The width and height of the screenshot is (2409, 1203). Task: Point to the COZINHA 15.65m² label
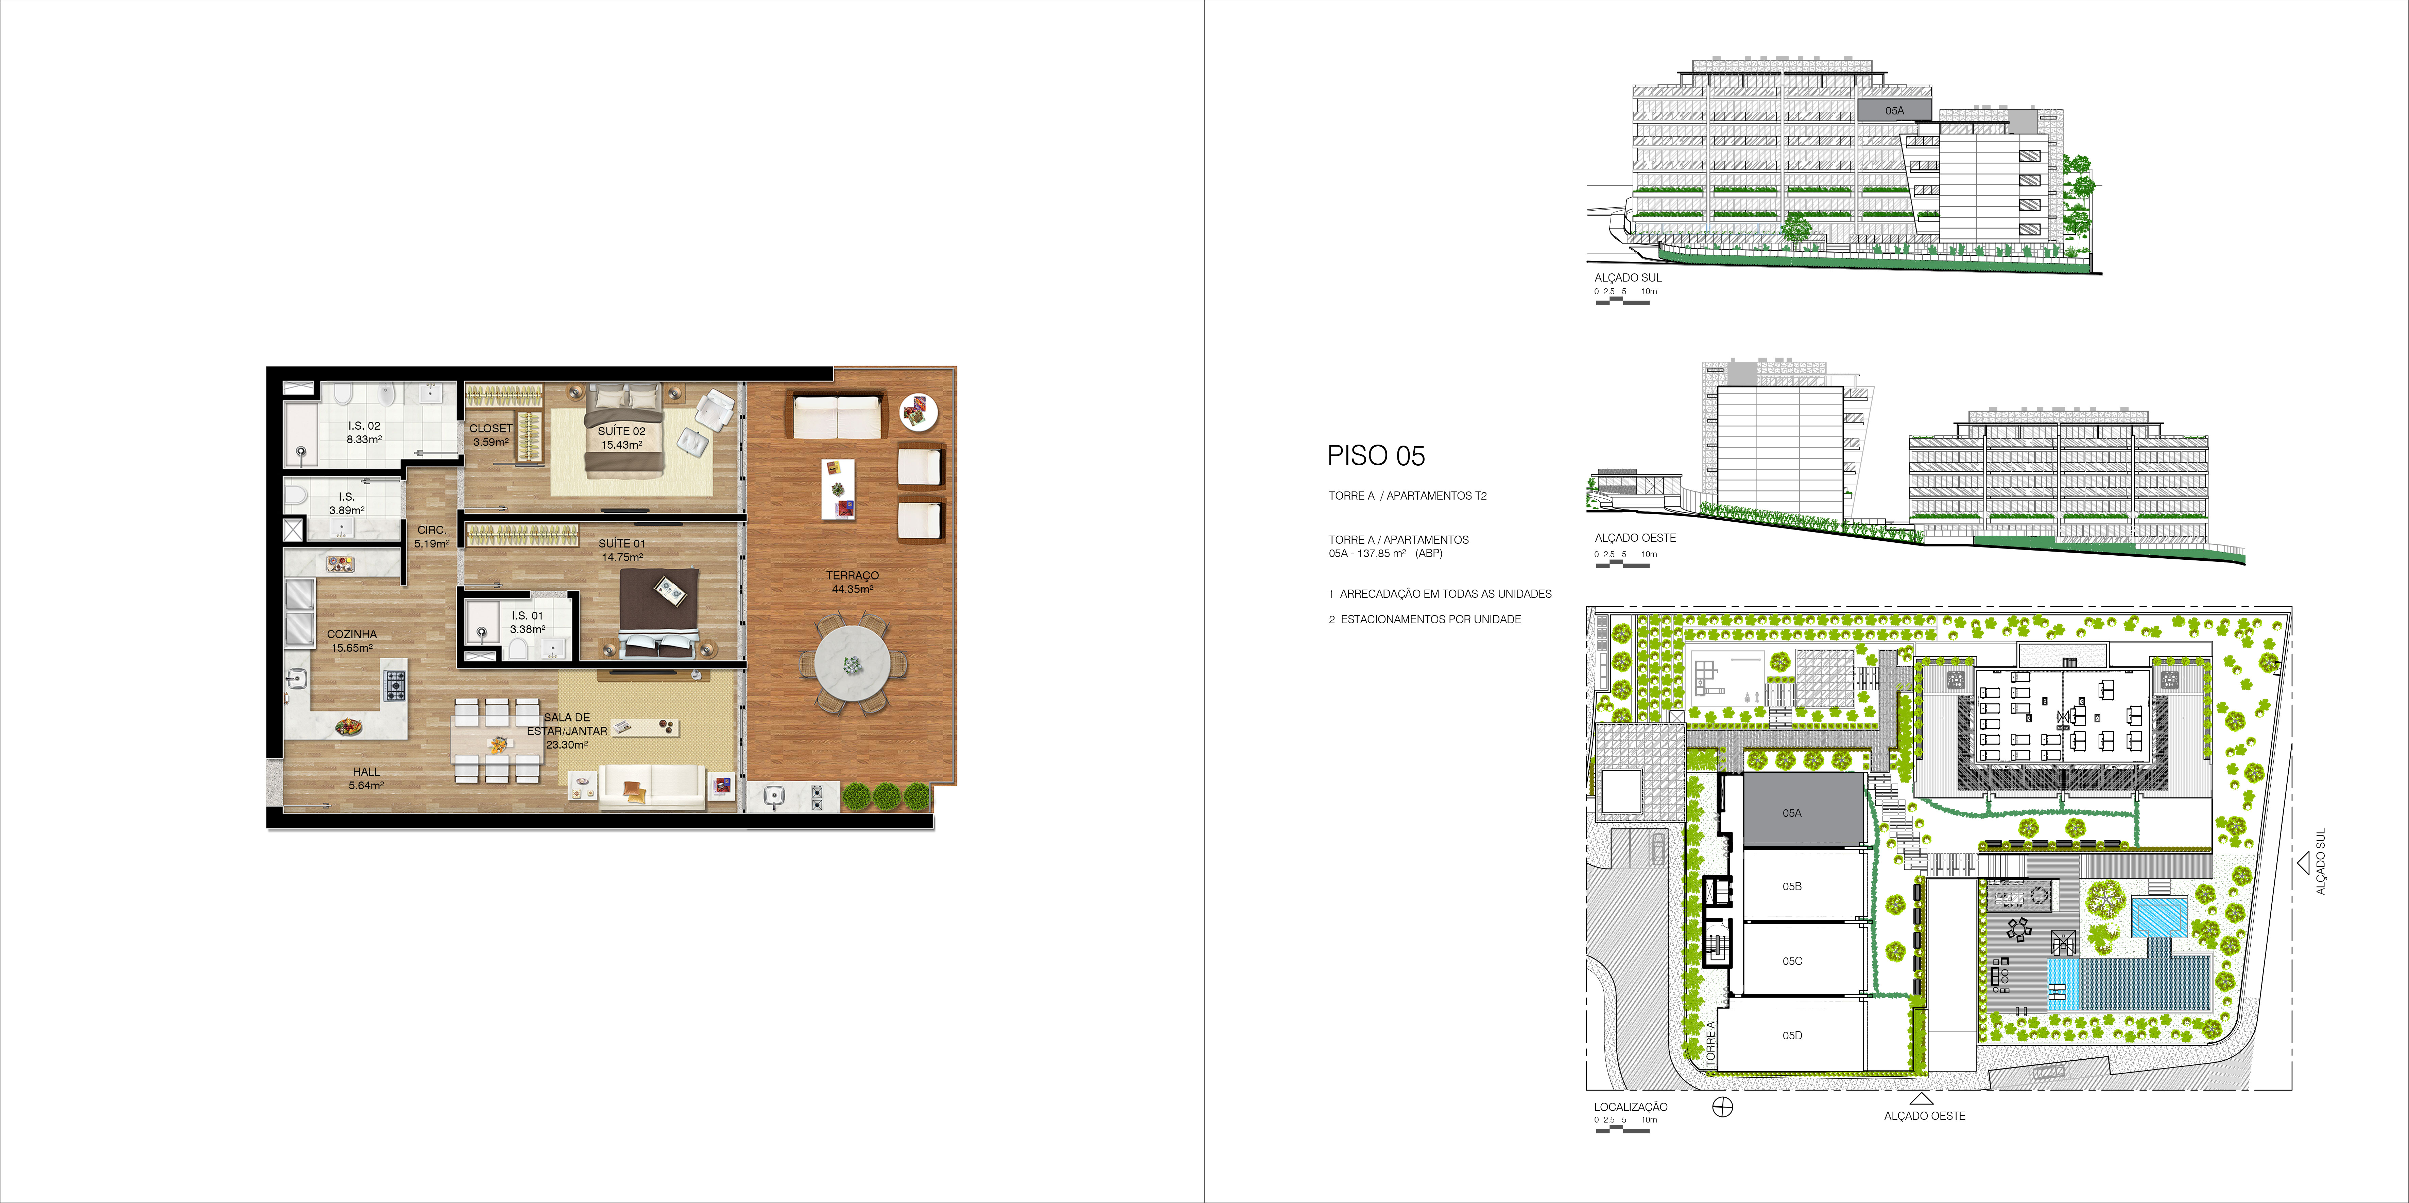[351, 640]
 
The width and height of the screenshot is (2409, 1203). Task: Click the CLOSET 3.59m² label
[491, 435]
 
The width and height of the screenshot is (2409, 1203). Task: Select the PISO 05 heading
[1376, 456]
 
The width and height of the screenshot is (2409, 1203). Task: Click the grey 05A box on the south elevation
[1894, 110]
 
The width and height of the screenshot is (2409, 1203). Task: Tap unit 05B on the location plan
[1792, 886]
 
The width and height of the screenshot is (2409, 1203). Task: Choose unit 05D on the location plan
[1792, 1035]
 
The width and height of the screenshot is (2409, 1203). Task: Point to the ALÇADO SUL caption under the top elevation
[1628, 277]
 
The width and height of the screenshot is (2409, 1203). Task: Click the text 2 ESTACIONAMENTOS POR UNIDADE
[1425, 619]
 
